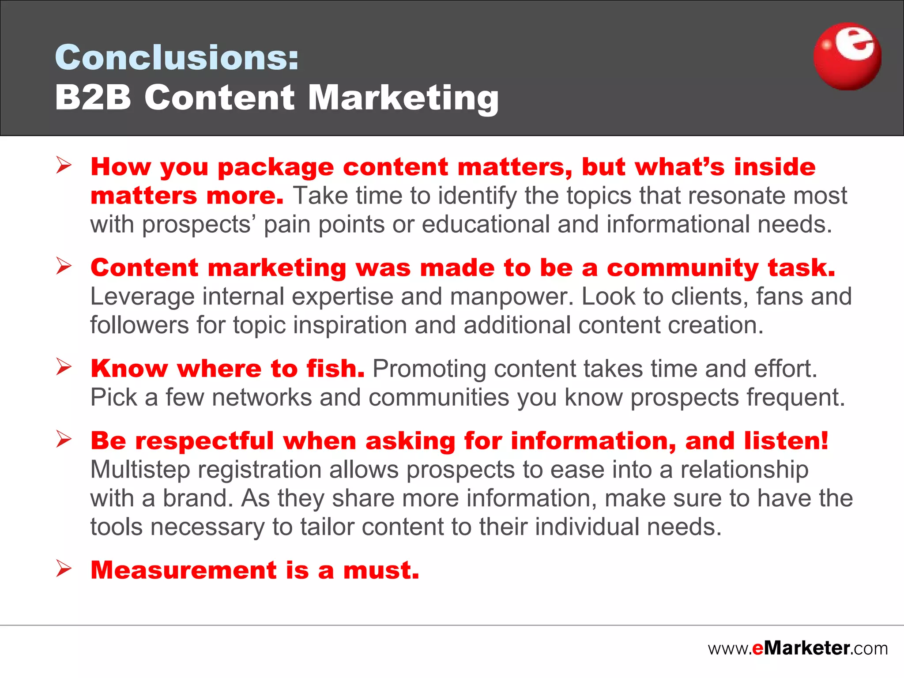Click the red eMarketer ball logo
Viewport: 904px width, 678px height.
point(847,56)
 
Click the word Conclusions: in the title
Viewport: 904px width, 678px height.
point(177,57)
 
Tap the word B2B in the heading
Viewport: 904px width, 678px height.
point(93,97)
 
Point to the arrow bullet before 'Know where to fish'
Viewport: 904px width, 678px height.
point(64,367)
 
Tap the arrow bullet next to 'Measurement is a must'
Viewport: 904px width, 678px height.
point(64,569)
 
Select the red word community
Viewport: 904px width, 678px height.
point(682,268)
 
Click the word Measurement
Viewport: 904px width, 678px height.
point(183,570)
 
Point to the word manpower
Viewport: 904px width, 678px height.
point(511,297)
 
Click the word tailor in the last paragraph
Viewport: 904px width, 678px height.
point(327,527)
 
